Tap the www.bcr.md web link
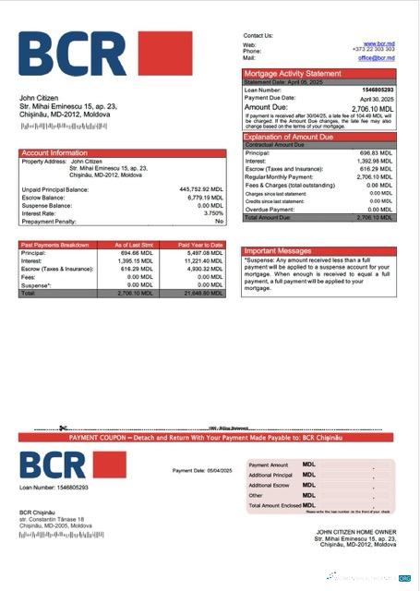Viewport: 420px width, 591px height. (x=379, y=43)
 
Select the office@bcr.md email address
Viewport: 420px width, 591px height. (x=376, y=57)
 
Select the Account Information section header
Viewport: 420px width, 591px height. (x=54, y=152)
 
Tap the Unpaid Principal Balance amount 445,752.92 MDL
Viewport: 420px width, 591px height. (x=201, y=189)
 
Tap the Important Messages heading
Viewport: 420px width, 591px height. (x=279, y=250)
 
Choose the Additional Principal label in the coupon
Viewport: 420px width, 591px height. (x=269, y=475)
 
